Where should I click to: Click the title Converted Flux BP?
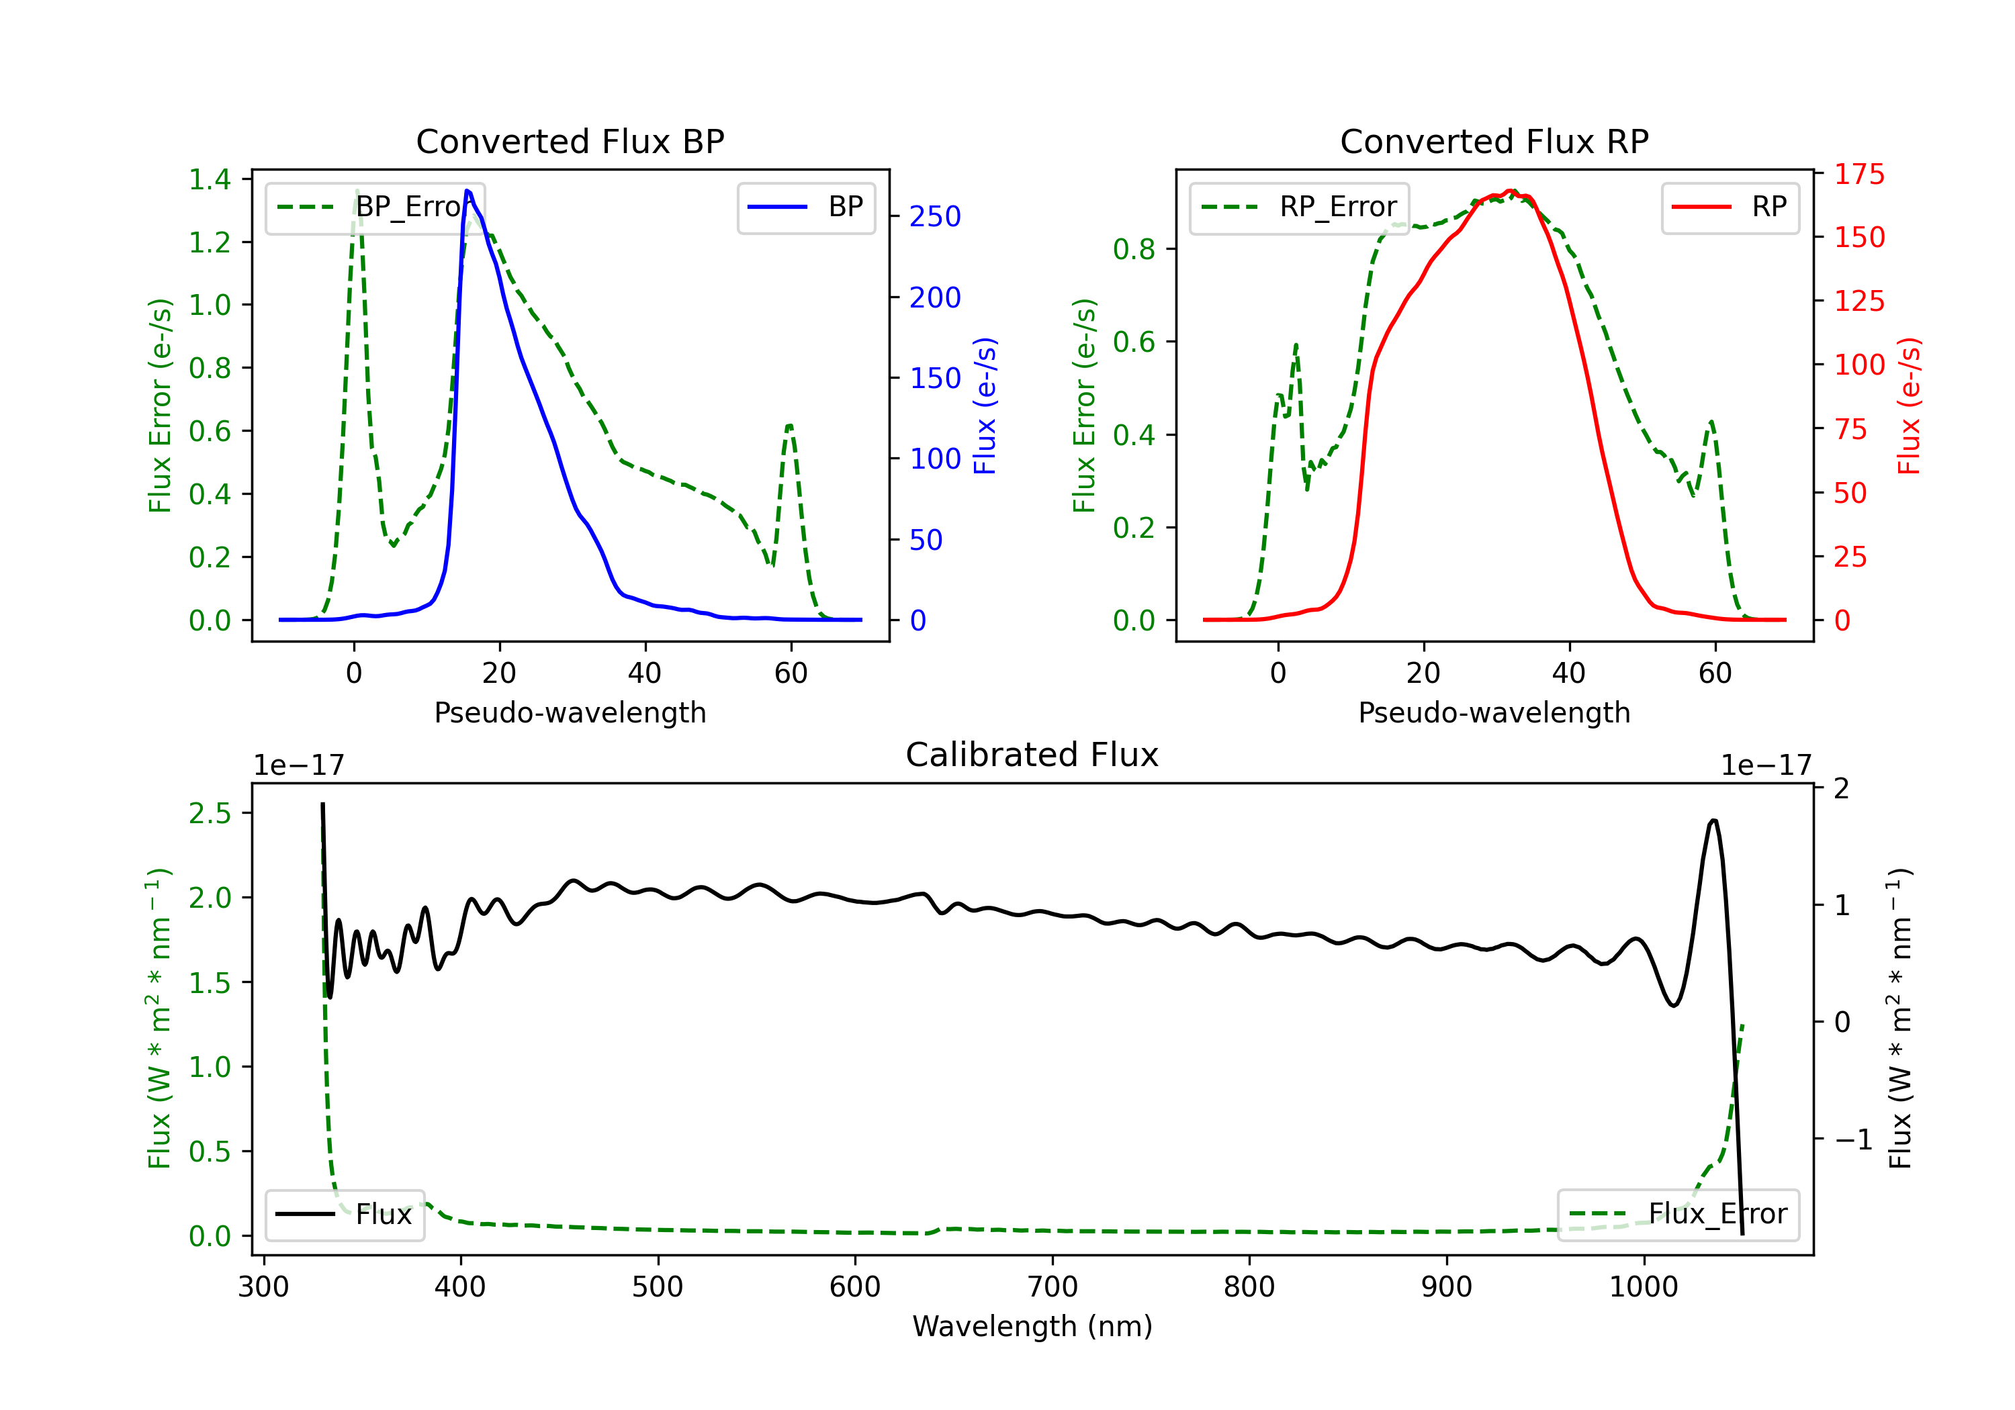coord(570,141)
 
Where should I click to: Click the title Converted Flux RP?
coord(1494,141)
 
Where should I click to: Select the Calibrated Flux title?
coord(1032,755)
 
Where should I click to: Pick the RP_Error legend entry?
coord(1299,207)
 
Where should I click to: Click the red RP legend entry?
coord(1730,207)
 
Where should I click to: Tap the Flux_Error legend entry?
coord(1678,1215)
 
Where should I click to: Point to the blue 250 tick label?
coord(935,217)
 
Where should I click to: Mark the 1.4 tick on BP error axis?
coord(210,179)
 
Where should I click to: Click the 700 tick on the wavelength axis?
coord(1053,1287)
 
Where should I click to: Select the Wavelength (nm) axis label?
coord(1032,1327)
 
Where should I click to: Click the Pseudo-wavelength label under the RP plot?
coord(1494,712)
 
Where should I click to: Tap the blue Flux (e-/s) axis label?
coord(985,406)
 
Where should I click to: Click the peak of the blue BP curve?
coord(467,191)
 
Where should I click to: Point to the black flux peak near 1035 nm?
coord(1713,820)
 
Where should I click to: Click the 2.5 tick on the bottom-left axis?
coord(210,813)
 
